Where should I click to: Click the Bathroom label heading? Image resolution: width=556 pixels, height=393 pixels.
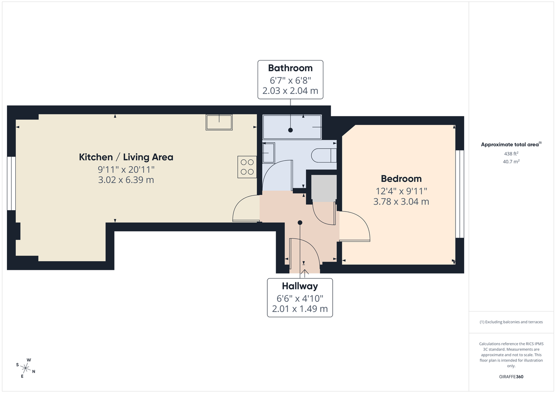tap(291, 68)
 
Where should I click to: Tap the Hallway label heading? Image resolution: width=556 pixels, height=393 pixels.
tap(300, 286)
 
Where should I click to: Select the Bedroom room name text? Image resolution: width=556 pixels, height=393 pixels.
tap(401, 179)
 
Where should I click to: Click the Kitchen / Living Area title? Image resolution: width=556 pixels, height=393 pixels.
tap(126, 157)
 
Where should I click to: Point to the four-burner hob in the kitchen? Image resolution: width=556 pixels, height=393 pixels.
tap(247, 167)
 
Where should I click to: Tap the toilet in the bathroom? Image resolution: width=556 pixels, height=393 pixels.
tap(324, 155)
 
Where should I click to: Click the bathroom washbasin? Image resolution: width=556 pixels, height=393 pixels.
tap(269, 152)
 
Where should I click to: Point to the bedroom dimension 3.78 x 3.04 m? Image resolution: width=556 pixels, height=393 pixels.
tap(401, 201)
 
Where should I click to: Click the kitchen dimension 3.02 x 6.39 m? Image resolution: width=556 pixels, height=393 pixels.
tap(126, 180)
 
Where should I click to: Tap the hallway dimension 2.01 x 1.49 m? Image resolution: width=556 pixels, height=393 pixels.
tap(300, 308)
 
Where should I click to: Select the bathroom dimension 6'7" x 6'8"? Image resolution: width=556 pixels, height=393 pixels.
tap(291, 80)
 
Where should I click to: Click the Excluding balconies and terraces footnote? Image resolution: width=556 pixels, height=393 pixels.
tap(511, 322)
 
